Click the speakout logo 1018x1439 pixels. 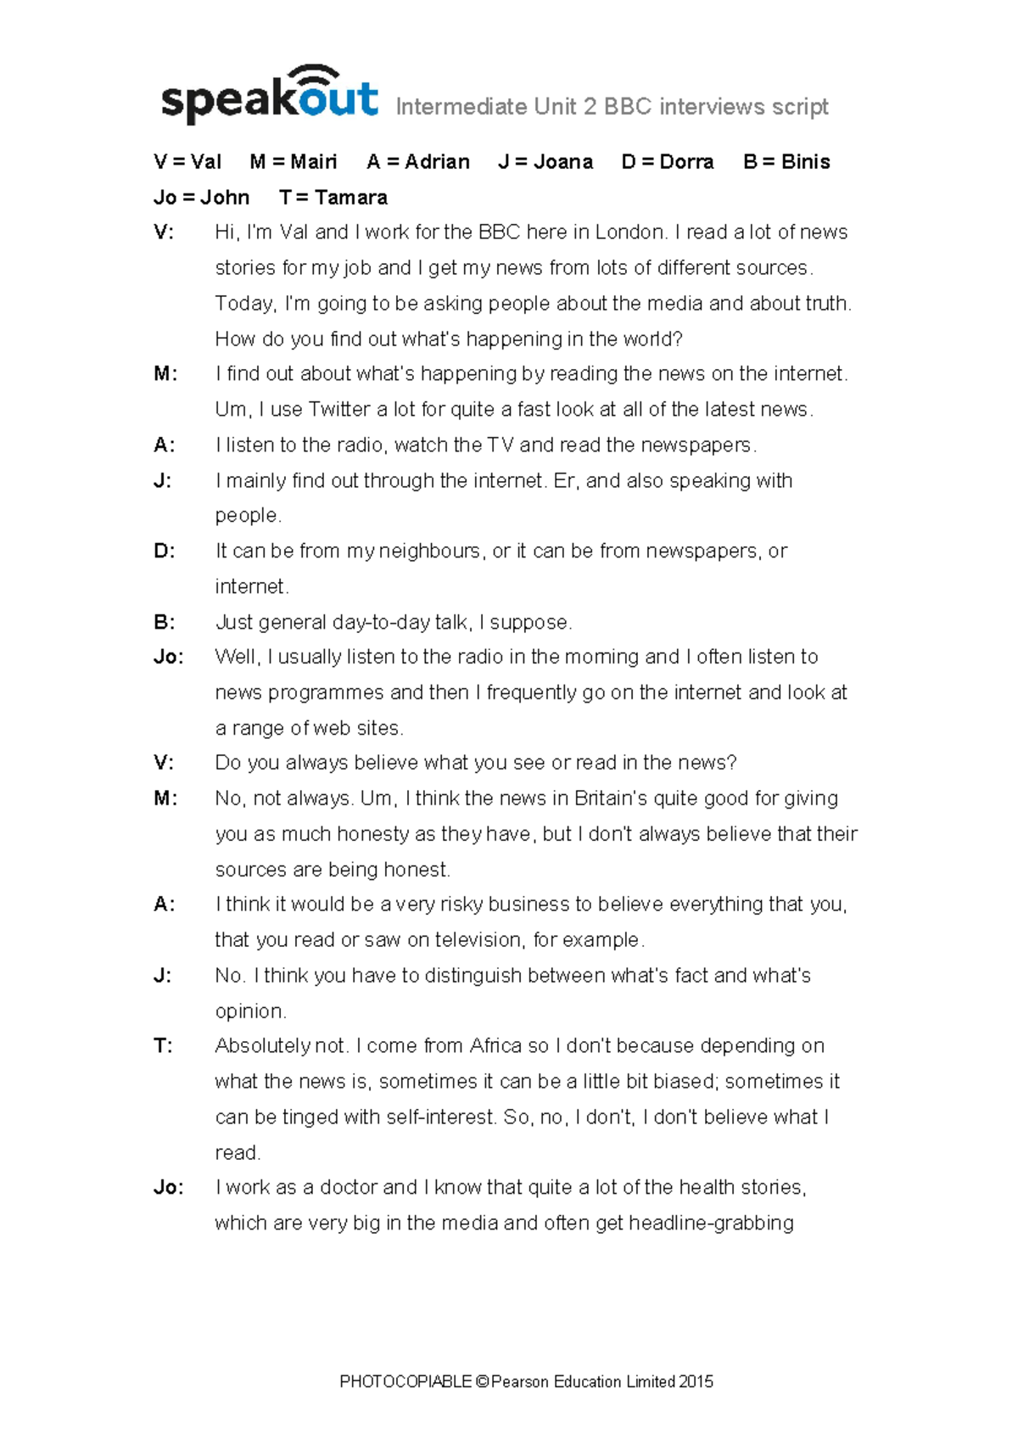point(269,96)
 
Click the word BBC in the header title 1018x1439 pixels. point(628,107)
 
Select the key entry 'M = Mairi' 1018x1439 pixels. point(294,162)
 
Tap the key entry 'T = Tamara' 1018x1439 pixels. point(333,198)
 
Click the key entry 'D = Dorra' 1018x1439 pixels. point(668,162)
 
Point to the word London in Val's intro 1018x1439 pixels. point(629,232)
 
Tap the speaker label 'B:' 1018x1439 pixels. point(165,623)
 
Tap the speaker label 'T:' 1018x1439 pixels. point(163,1046)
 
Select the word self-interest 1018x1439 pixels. point(440,1117)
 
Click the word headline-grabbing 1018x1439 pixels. point(711,1223)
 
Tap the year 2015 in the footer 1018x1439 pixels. point(696,1382)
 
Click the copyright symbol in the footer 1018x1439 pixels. point(482,1382)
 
